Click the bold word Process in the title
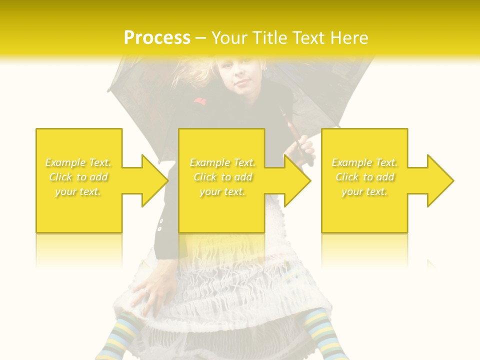157,38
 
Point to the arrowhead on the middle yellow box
294,180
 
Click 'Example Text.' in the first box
78,162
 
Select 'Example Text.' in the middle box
222,162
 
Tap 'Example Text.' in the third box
364,162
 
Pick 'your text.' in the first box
78,191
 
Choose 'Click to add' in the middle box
222,177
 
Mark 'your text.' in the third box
364,191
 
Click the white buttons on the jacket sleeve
160,225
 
